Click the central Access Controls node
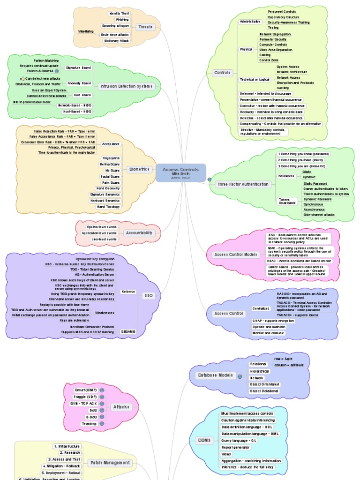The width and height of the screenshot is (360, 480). (x=180, y=172)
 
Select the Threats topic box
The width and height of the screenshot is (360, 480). (x=145, y=27)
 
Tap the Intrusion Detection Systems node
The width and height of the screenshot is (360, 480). (x=126, y=86)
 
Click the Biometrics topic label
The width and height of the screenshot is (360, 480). (x=139, y=169)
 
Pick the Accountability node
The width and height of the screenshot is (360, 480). (x=139, y=233)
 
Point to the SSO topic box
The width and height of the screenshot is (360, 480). (x=151, y=296)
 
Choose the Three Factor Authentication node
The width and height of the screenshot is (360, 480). (x=243, y=184)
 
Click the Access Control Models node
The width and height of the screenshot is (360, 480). (x=236, y=254)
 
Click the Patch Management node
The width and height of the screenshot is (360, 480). (x=111, y=463)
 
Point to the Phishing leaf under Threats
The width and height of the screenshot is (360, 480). (x=122, y=20)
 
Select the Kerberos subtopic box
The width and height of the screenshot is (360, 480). (x=127, y=292)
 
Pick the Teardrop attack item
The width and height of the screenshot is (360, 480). (x=89, y=423)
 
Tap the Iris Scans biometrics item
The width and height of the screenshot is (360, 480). (x=111, y=171)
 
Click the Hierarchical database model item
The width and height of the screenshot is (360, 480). (x=259, y=371)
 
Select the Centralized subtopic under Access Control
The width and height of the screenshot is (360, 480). (x=261, y=308)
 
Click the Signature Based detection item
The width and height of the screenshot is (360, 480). (x=78, y=68)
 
